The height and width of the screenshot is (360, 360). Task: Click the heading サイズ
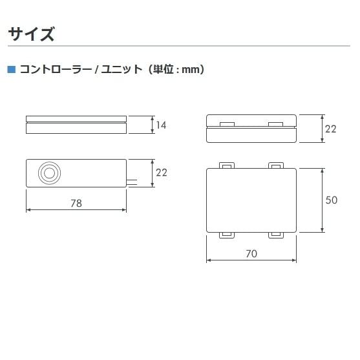pos(31,34)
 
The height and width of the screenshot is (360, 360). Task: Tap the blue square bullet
pos(12,69)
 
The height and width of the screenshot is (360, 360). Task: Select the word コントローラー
pos(56,69)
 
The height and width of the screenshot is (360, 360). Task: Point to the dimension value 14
pos(161,125)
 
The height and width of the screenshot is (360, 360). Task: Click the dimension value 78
pos(76,203)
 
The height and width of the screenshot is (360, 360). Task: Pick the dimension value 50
pos(332,200)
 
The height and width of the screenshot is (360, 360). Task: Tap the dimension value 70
pos(251,254)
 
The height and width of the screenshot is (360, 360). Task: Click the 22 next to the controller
pos(162,173)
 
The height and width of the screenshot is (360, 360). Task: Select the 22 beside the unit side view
pos(331,129)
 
